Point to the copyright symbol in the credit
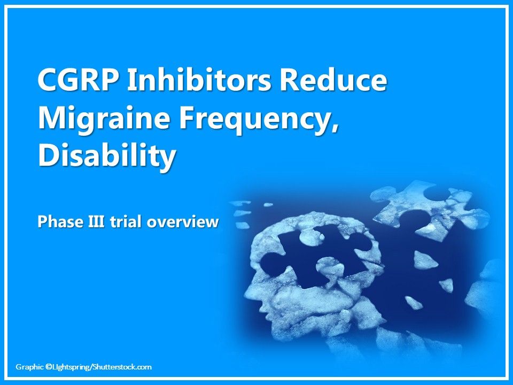[48, 367]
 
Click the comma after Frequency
[335, 128]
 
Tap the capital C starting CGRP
[48, 82]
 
